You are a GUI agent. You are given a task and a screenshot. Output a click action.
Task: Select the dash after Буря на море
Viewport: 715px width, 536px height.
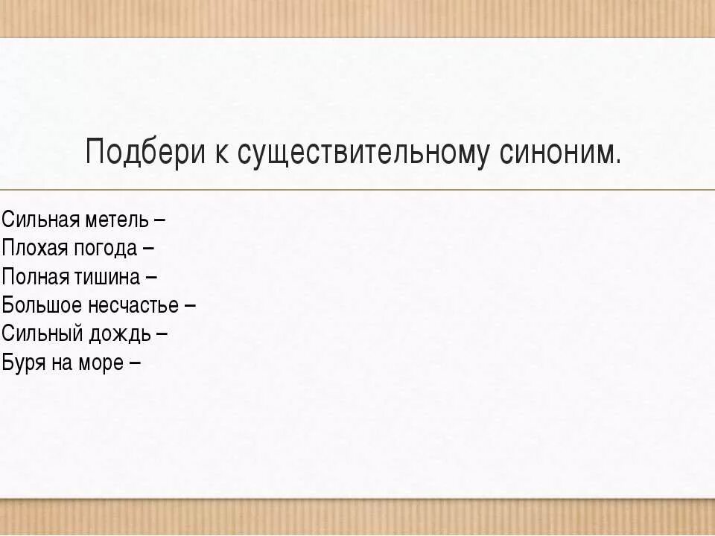click(135, 363)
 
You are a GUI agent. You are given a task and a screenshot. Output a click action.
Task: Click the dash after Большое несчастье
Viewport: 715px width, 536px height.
click(190, 305)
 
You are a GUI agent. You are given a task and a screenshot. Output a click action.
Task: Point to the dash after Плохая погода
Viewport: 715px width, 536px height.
click(148, 249)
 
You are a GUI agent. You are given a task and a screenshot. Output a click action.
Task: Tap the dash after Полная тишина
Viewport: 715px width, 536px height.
click(151, 277)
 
